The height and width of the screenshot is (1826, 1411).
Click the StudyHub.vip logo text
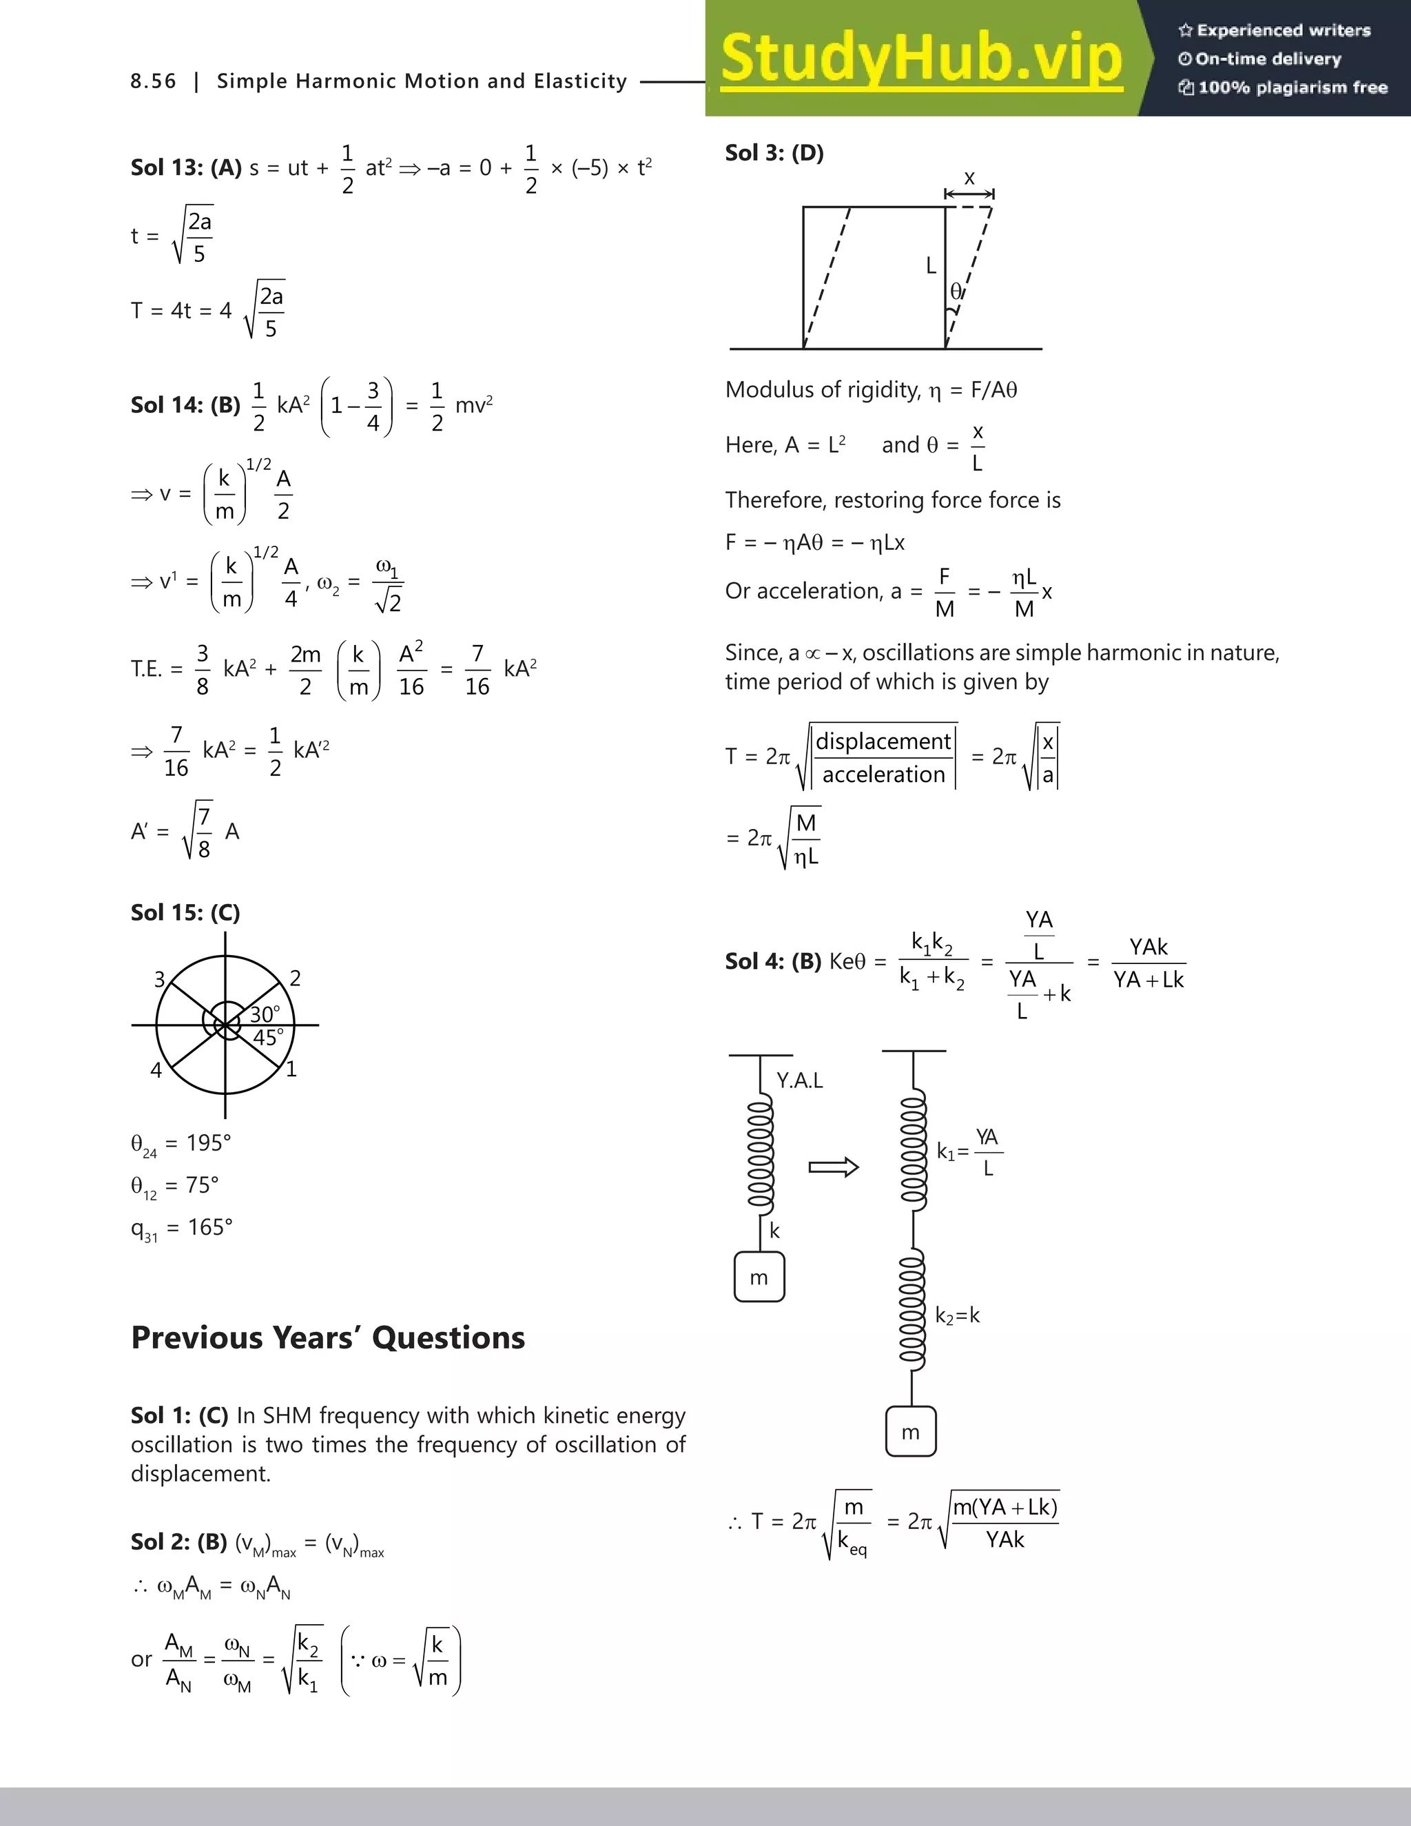[920, 59]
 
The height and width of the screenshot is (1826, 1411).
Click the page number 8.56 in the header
[153, 81]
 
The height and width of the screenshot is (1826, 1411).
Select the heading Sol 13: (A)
[185, 167]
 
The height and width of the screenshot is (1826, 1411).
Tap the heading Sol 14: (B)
[185, 405]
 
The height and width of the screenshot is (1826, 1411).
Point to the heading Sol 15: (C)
[185, 912]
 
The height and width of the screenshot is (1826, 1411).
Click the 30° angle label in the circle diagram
[265, 1014]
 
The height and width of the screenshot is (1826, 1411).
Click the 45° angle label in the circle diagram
[268, 1038]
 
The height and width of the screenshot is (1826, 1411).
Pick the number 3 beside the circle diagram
[160, 979]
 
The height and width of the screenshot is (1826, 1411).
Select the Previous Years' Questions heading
[328, 1337]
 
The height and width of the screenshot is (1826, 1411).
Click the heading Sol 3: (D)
[774, 153]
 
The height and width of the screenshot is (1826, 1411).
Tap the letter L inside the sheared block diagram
[930, 266]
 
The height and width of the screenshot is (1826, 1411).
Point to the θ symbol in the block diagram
[956, 291]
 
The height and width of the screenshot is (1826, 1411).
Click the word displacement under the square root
[883, 741]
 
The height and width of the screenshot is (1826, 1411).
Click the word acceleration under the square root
[883, 775]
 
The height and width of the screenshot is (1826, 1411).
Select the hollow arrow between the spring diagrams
[834, 1167]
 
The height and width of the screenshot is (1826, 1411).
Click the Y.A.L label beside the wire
[799, 1080]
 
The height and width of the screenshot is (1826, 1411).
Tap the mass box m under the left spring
[759, 1278]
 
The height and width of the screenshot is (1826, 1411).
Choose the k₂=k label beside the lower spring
[957, 1316]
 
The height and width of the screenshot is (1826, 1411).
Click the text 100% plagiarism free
[1283, 88]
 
